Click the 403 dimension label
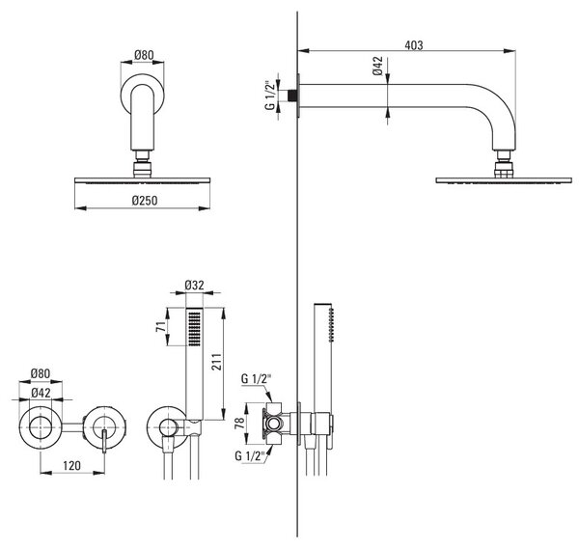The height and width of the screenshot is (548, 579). [414, 45]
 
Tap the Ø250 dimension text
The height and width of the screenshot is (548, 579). [145, 201]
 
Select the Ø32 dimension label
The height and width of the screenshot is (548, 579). [194, 285]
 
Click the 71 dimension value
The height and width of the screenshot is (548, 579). [161, 327]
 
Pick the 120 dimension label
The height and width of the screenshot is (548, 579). [71, 466]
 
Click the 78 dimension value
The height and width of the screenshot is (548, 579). [239, 423]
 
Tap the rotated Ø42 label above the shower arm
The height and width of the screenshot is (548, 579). [377, 66]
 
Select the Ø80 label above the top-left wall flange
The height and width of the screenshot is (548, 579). [144, 55]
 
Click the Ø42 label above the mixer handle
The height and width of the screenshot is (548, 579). [41, 393]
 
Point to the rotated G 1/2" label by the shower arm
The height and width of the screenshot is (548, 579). [270, 95]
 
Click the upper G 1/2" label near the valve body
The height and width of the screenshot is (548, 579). [257, 379]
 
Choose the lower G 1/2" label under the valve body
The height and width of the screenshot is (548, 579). [250, 455]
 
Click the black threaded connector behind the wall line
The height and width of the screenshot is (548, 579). [292, 96]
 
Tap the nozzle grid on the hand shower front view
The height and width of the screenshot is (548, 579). [195, 329]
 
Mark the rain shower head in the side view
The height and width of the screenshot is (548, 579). [504, 180]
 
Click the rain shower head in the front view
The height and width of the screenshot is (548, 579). [142, 180]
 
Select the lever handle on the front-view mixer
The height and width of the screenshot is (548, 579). [104, 441]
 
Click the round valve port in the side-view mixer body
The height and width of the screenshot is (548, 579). [274, 424]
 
